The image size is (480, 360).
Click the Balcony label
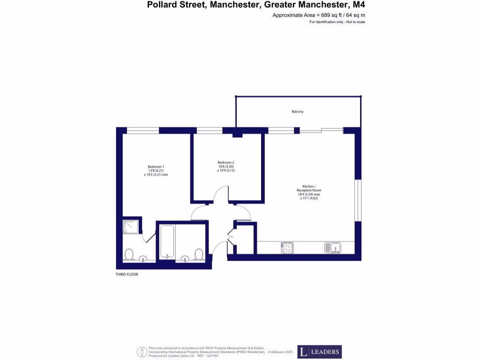tap(298, 112)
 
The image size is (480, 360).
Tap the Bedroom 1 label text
tap(156, 167)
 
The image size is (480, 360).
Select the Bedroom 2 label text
tap(225, 163)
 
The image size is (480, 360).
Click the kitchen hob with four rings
tap(287, 247)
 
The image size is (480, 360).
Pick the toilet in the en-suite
tap(129, 255)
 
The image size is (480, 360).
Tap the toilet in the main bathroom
tap(199, 254)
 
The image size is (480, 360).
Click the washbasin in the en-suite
tap(143, 257)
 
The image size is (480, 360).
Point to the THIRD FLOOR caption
tap(127, 275)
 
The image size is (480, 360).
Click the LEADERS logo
tap(319, 352)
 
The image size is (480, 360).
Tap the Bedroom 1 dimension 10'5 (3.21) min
tap(156, 175)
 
